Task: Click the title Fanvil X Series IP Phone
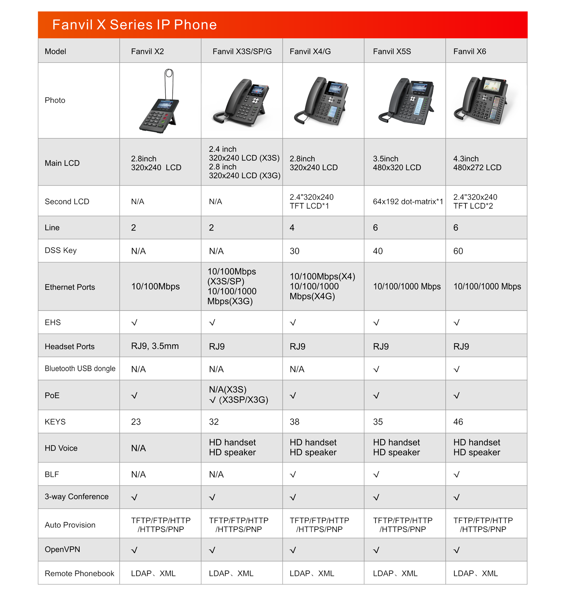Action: [135, 25]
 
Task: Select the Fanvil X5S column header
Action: [392, 52]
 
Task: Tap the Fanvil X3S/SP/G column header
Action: [242, 52]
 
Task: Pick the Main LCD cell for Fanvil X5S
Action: [397, 163]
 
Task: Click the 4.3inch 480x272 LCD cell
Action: [477, 163]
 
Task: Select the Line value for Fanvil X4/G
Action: [292, 228]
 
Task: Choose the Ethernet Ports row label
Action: [70, 287]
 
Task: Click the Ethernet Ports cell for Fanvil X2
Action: [155, 287]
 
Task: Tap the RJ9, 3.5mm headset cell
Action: [155, 346]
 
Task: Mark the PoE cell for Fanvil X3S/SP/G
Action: [238, 395]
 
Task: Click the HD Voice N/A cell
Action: [138, 448]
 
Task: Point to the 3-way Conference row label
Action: [77, 497]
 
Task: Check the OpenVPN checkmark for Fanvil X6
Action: [456, 550]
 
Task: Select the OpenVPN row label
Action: [62, 550]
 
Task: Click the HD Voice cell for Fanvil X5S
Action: [396, 447]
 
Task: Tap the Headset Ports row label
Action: [69, 347]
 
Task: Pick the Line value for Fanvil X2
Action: [134, 228]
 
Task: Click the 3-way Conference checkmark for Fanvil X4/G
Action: [293, 497]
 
